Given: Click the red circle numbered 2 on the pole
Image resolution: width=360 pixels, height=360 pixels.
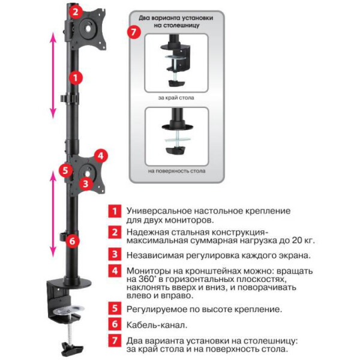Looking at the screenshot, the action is tap(76, 12).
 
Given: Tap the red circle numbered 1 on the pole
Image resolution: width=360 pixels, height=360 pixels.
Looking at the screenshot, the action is tap(76, 78).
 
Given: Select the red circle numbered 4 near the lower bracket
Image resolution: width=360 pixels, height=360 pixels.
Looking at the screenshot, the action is tap(101, 156).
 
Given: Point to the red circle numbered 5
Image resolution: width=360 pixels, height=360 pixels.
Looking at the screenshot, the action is tap(65, 170).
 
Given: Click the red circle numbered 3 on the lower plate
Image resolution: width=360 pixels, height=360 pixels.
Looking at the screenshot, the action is tap(86, 184).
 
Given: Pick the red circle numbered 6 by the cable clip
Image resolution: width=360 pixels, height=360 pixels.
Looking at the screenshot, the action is tap(73, 241).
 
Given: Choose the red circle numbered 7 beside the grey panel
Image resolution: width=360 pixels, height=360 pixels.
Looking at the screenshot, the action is tap(134, 32).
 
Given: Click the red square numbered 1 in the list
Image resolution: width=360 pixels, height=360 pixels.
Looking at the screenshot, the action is tap(115, 211).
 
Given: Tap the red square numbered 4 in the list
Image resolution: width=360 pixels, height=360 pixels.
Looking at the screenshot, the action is tap(115, 271).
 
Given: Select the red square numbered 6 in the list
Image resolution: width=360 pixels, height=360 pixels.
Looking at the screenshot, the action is tap(115, 324).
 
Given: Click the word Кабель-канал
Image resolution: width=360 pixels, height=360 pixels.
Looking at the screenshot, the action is tap(157, 325).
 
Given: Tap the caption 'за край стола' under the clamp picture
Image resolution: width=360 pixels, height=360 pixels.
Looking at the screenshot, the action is tap(176, 98).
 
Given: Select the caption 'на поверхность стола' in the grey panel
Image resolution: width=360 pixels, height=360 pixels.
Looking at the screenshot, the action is tap(176, 171).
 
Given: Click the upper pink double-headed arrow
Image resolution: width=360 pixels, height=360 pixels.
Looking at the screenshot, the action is tap(53, 76).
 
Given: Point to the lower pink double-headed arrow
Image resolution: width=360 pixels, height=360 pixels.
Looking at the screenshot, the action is tap(53, 214).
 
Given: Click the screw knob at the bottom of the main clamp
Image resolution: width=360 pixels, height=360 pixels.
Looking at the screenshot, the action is tap(71, 348).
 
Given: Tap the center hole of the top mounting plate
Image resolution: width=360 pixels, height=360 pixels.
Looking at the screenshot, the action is tap(88, 28).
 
